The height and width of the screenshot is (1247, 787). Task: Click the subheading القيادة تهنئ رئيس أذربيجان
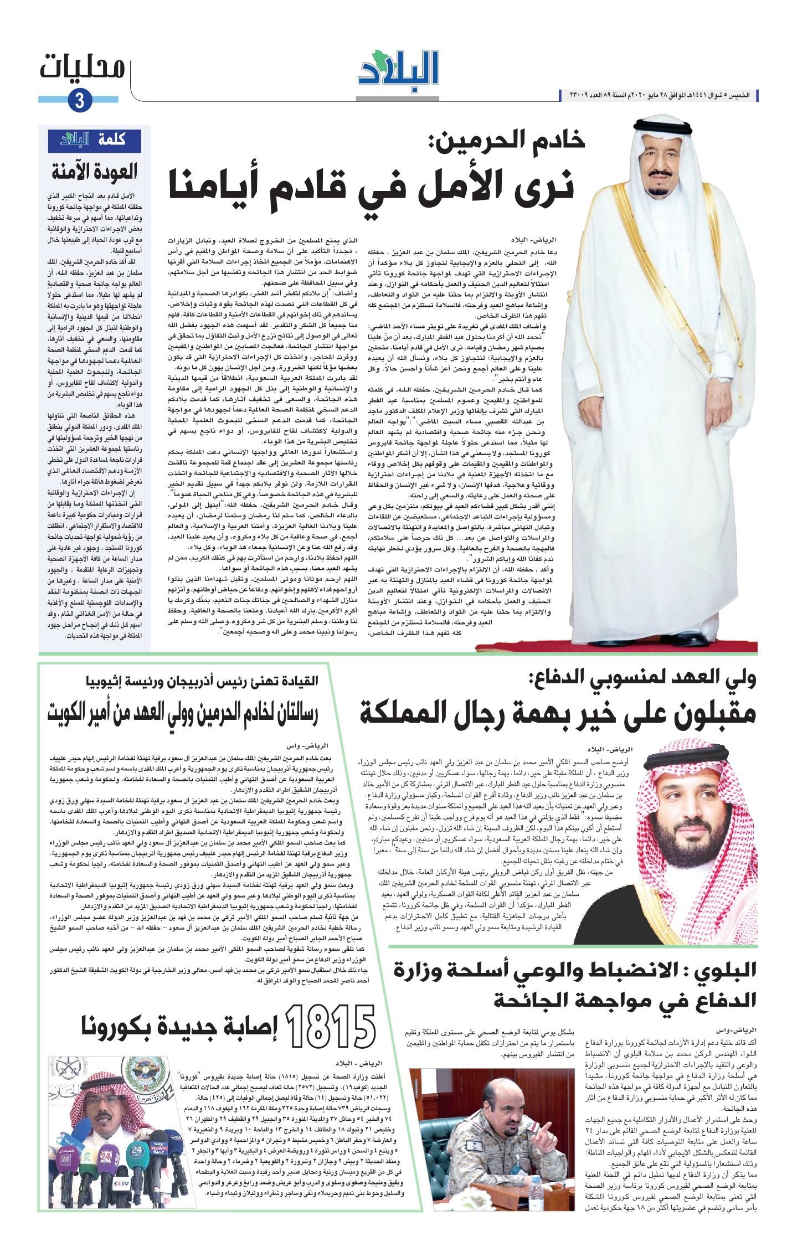[x=199, y=679]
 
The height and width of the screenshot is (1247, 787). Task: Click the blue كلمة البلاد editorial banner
[x=97, y=139]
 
